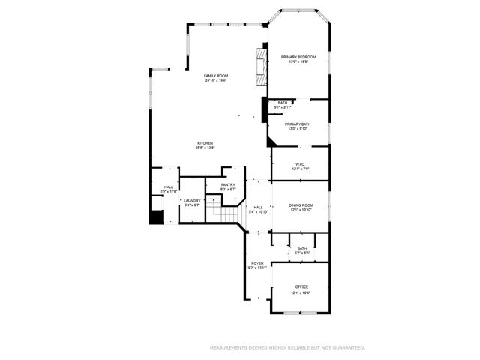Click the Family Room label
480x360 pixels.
[216, 76]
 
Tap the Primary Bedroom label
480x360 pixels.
[298, 58]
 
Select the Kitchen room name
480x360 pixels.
[205, 143]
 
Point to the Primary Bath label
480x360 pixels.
[298, 124]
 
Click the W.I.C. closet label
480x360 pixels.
[299, 164]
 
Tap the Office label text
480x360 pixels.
[301, 287]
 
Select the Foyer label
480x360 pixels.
[257, 263]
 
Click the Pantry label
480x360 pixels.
[228, 185]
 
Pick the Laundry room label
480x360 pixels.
[192, 201]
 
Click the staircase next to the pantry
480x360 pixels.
[225, 211]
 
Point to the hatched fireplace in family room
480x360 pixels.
[262, 66]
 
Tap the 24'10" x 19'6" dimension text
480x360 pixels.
[216, 81]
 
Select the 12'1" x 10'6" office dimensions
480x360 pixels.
[301, 292]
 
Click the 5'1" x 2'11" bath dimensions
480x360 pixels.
[283, 107]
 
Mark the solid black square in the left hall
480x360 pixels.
[156, 217]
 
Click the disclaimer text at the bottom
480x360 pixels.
[286, 348]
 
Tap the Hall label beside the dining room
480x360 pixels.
[258, 208]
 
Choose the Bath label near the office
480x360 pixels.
[301, 248]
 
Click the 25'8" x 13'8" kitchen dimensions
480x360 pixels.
[205, 148]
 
